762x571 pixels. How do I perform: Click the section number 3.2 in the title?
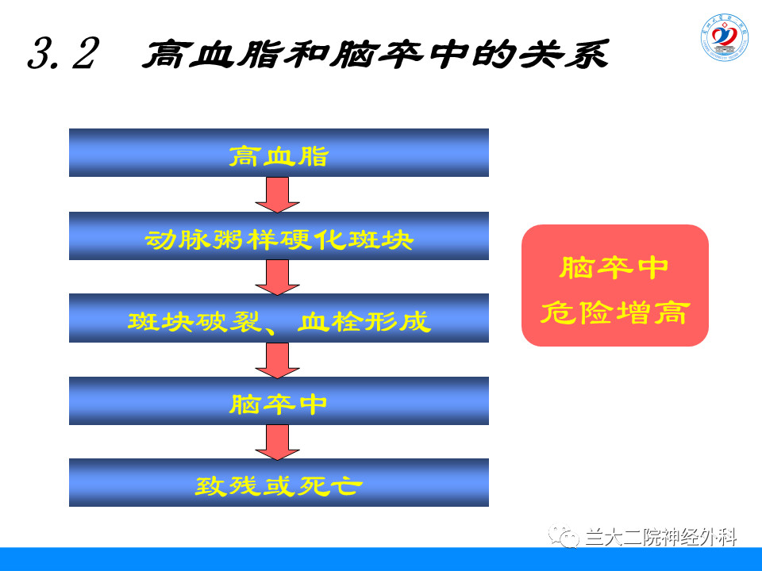(63, 56)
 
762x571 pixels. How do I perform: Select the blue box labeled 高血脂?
(279, 153)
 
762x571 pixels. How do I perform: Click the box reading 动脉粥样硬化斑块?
(279, 236)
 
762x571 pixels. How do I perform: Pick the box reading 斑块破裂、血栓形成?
(279, 319)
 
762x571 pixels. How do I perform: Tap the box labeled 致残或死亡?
(279, 483)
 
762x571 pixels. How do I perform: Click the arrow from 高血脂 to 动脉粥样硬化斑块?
(278, 194)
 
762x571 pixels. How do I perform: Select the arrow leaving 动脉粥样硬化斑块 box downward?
(278, 278)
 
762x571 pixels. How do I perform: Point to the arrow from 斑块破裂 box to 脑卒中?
(278, 360)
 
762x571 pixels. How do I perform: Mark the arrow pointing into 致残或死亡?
(278, 443)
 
